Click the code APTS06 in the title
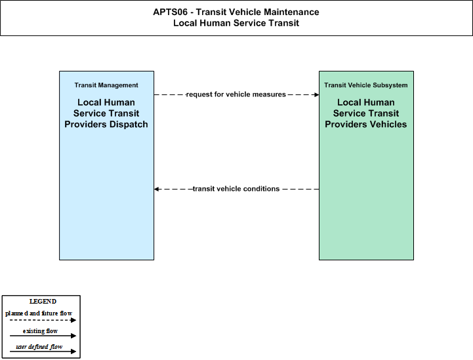(x=170, y=12)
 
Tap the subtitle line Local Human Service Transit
(x=236, y=23)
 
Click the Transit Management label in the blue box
(x=106, y=85)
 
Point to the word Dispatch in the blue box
(x=129, y=124)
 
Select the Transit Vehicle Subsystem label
(x=366, y=85)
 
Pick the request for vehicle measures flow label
(x=236, y=94)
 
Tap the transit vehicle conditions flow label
(x=236, y=189)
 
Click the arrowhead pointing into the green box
(x=317, y=94)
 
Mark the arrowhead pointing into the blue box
(x=156, y=189)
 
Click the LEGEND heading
(x=43, y=302)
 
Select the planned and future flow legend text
(x=39, y=313)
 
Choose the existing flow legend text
(x=40, y=331)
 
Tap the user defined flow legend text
(x=39, y=347)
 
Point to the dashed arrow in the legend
(x=43, y=320)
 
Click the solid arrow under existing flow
(x=43, y=336)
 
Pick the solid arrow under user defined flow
(x=43, y=351)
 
